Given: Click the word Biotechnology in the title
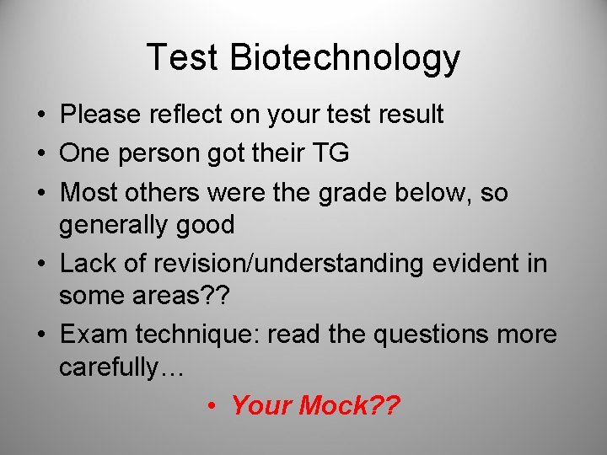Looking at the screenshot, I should point(345,59).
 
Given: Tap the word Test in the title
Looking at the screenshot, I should point(182,57).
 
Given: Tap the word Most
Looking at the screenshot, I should point(88,193).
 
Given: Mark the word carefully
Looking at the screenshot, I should point(116,367).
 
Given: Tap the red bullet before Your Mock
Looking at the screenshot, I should point(214,406).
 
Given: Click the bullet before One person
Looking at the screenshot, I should point(41,153).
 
